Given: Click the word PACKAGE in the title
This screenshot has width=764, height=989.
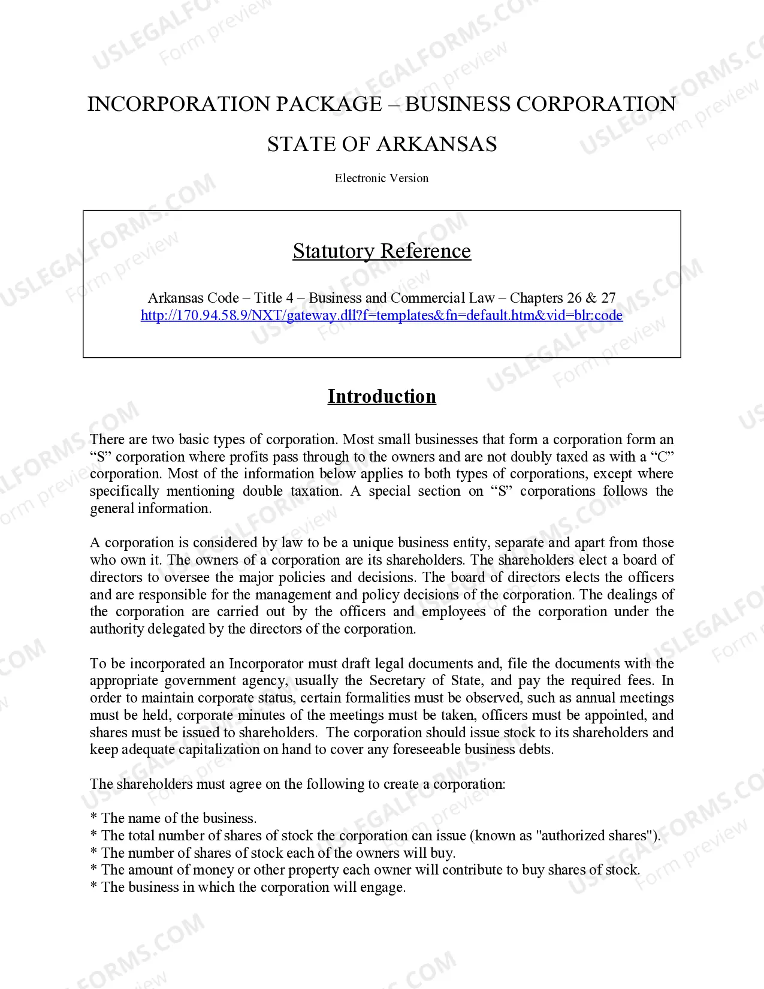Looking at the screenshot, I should (328, 104).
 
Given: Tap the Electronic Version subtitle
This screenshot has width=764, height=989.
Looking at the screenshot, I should (382, 178).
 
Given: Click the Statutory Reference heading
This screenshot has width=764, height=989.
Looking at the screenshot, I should (382, 251).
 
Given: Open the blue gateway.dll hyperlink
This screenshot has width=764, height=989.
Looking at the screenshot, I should (382, 315).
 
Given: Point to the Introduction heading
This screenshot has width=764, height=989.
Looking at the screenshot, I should (382, 396).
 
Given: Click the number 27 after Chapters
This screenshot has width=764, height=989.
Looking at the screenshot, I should (608, 298).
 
